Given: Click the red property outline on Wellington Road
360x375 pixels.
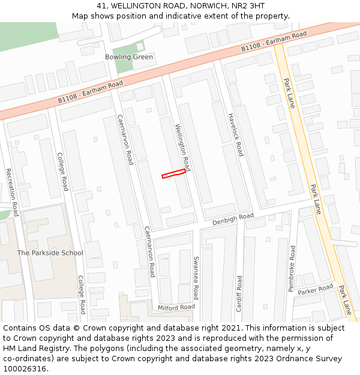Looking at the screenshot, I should (x=173, y=173).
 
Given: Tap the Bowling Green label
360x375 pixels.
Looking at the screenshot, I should (x=129, y=57).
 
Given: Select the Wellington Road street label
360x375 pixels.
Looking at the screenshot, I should (x=182, y=147).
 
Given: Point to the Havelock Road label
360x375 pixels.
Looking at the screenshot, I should (x=235, y=134).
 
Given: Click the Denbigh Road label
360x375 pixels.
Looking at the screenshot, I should (x=233, y=219).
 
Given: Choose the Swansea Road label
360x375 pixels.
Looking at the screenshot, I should (x=196, y=277).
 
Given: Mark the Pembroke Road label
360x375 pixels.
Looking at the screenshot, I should (x=292, y=268).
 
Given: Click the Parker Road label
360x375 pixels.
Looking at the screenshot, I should (x=316, y=290).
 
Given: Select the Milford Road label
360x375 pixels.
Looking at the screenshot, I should (x=176, y=307).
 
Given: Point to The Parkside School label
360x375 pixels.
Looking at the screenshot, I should (x=50, y=253).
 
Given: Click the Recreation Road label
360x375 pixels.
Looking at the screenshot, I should (x=11, y=192).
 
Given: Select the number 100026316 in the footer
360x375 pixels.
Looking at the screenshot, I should (x=25, y=368).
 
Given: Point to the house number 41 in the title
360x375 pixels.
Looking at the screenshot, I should (x=101, y=6).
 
